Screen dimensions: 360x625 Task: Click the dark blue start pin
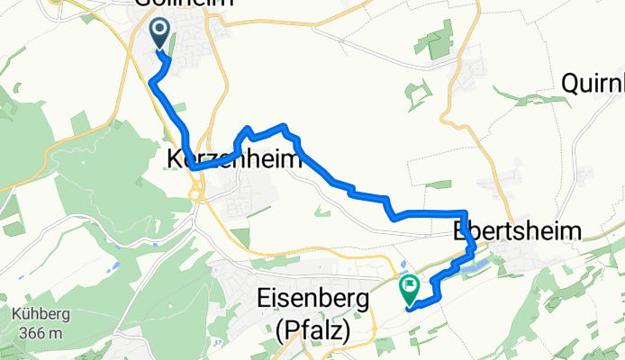160,33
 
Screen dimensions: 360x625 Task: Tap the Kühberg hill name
37,316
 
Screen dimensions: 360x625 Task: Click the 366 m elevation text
37,333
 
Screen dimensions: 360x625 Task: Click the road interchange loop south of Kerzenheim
195,189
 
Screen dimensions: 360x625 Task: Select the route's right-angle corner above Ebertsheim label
463,213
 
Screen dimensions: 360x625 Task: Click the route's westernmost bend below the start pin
151,82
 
